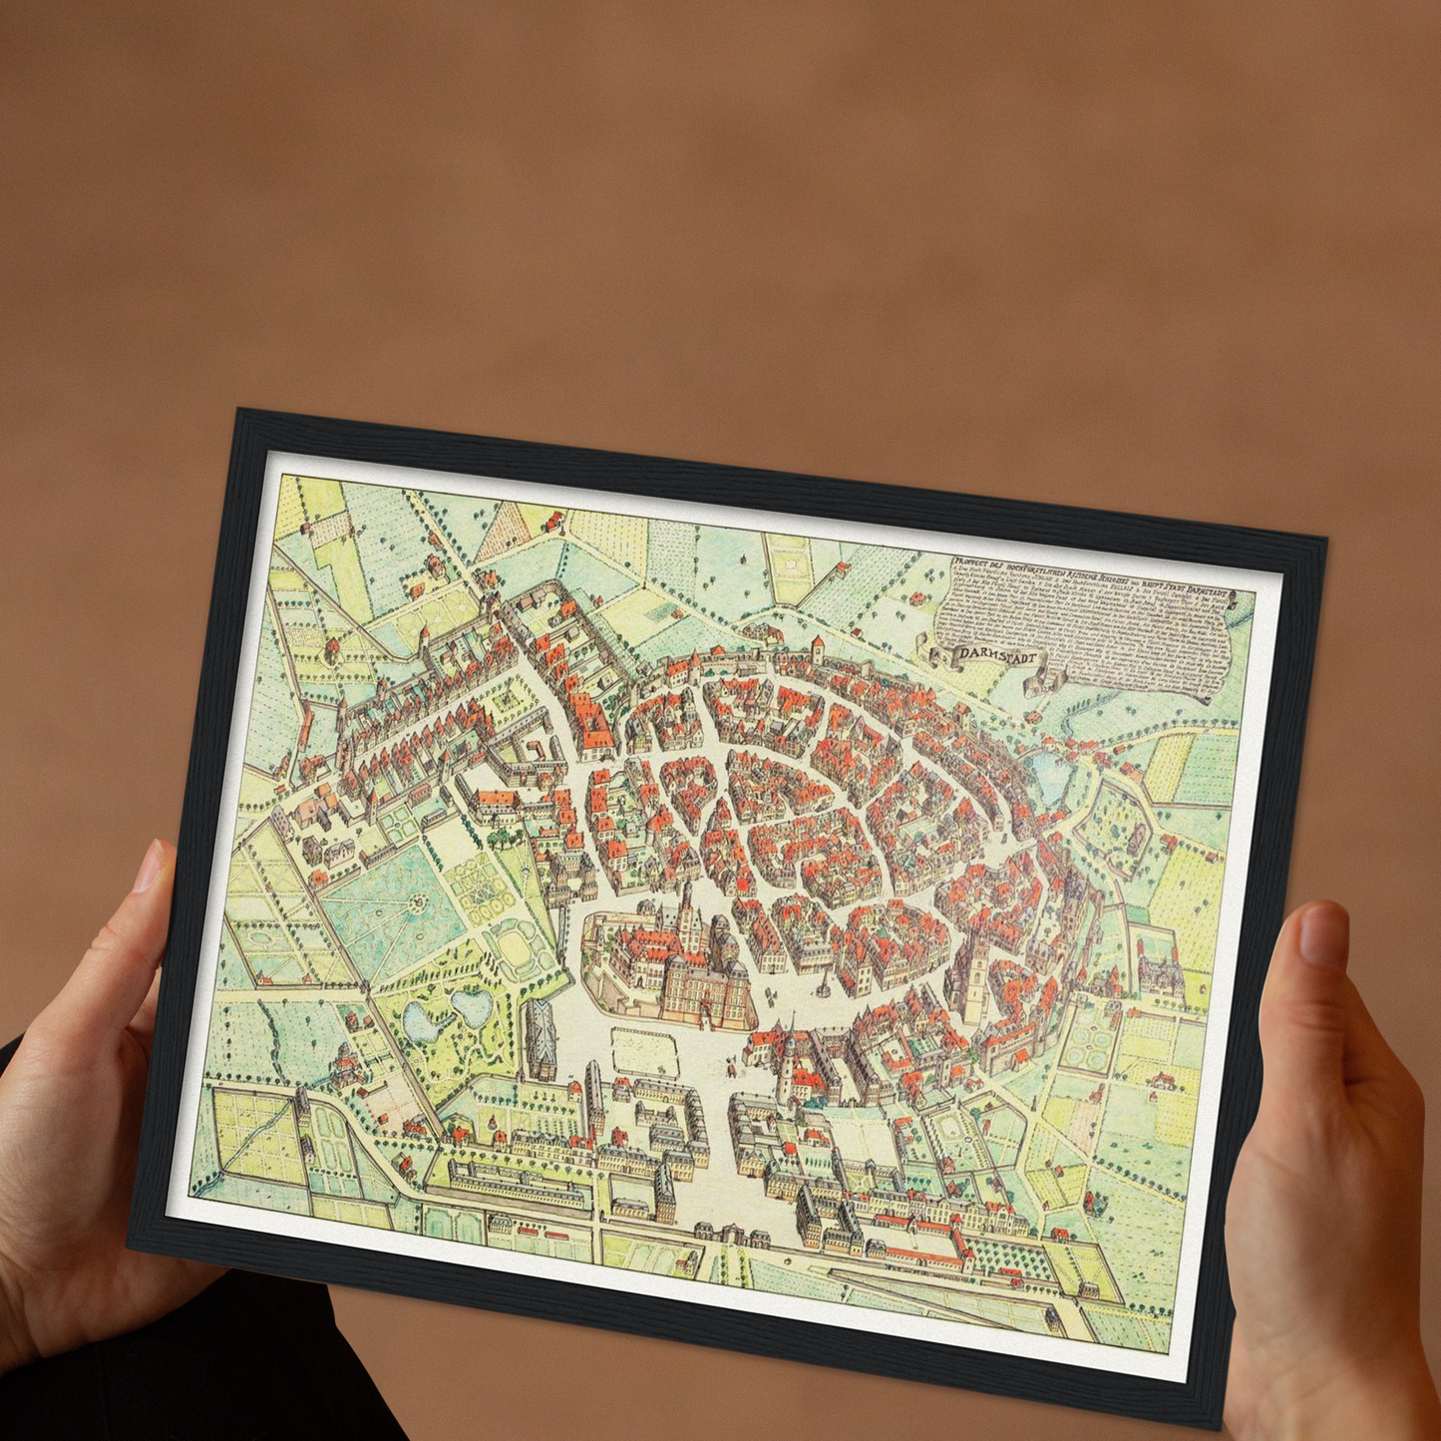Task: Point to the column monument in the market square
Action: tap(821, 982)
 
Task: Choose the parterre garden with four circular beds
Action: tap(1090, 1046)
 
